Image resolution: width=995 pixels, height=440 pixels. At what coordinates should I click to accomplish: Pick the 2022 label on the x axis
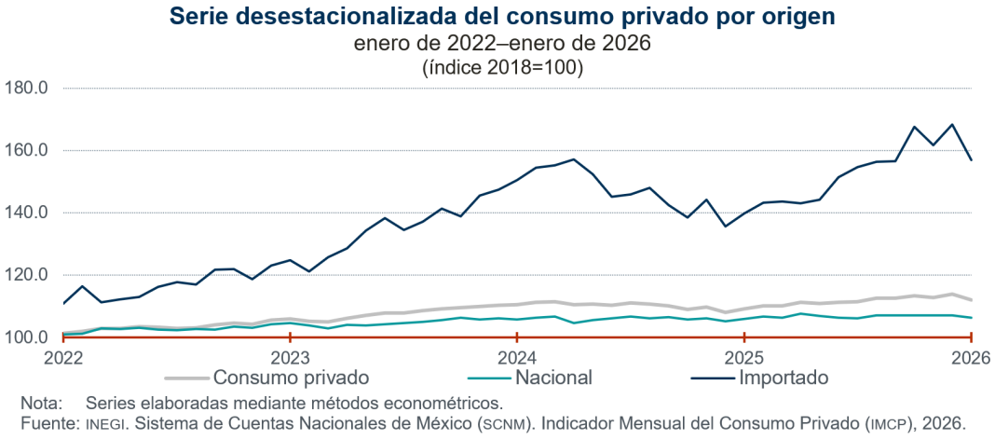[x=63, y=357]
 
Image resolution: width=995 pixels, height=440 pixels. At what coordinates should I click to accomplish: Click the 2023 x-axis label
[x=290, y=357]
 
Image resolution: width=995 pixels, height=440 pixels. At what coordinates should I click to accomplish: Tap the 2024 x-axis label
[x=516, y=357]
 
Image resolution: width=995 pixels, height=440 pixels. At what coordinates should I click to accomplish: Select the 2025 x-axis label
[x=743, y=357]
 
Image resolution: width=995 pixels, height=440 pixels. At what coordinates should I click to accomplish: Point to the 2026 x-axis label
[x=970, y=357]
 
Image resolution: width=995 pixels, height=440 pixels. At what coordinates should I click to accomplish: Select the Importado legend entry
[x=783, y=378]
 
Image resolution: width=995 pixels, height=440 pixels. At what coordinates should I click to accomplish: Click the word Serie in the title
[x=200, y=17]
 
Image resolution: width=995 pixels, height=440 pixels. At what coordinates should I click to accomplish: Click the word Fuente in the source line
[x=47, y=422]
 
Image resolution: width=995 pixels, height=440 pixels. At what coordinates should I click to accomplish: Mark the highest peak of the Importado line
[x=952, y=124]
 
